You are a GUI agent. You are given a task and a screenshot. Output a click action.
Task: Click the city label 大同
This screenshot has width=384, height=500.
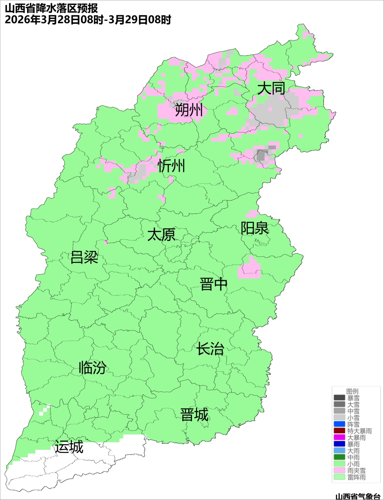click(271, 88)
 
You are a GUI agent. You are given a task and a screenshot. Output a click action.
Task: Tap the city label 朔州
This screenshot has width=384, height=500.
click(189, 110)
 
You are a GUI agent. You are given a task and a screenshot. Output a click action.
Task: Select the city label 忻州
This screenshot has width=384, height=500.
click(171, 166)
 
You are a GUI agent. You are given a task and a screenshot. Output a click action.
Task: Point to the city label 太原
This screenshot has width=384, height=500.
click(161, 235)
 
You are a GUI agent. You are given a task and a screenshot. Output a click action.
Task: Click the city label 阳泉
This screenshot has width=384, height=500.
click(255, 228)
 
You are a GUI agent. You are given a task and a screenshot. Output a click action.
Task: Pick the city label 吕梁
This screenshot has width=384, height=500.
click(84, 257)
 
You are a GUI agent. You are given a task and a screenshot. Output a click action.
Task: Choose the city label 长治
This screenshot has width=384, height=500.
click(210, 349)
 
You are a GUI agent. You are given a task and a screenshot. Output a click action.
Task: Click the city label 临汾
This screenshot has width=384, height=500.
click(92, 368)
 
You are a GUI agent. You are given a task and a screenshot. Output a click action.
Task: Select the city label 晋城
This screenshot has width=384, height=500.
click(194, 415)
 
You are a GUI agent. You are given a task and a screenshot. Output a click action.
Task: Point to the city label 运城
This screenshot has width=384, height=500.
click(69, 447)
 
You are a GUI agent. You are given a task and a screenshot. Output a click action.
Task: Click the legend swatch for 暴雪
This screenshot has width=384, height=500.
click(340, 398)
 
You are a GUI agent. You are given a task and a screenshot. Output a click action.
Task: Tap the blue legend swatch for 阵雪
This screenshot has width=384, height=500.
click(340, 424)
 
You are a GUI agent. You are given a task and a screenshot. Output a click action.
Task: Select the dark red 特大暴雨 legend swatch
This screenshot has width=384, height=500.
click(340, 431)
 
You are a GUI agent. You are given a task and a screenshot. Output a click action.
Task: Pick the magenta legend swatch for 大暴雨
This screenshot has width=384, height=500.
click(340, 437)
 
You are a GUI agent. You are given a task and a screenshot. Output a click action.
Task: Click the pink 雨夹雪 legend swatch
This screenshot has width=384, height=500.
click(340, 470)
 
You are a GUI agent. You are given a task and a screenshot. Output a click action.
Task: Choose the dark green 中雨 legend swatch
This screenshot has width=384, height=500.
click(340, 457)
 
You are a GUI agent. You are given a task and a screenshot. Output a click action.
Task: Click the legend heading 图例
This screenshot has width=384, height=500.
click(352, 391)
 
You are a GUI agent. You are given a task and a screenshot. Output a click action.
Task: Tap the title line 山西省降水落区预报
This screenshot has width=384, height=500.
click(52, 8)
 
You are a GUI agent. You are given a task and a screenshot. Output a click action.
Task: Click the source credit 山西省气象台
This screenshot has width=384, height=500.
click(358, 496)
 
